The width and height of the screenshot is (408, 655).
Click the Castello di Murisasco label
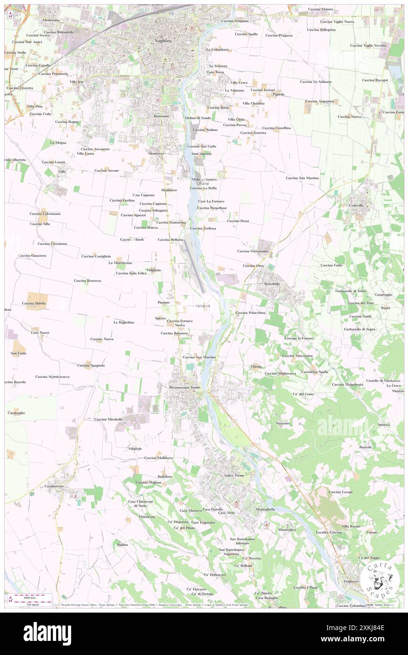coord(383,380)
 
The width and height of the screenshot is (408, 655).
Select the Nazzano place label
coord(283,423)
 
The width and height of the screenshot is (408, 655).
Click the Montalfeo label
coord(287,530)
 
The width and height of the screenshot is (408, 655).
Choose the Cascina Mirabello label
coord(108,419)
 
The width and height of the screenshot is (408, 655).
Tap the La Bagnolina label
coord(124,322)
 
